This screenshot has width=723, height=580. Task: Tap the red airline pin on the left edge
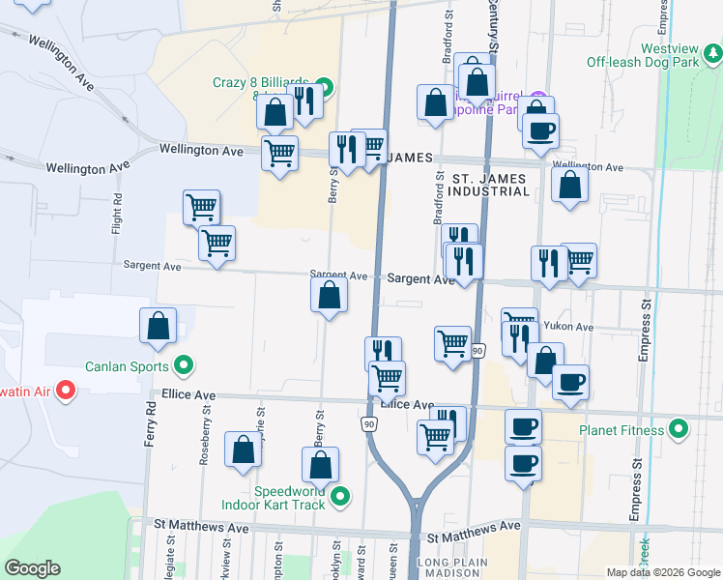[66, 390]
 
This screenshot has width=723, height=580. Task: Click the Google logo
[32, 568]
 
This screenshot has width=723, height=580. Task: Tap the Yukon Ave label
[568, 327]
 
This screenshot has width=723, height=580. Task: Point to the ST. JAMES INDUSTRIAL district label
[490, 183]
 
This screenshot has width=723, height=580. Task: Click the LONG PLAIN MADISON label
[450, 567]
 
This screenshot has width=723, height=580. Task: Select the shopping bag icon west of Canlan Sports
[158, 327]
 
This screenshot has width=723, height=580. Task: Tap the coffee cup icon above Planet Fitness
[569, 381]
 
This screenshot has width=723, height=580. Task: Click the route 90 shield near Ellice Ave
[370, 423]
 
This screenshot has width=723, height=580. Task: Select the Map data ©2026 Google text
[662, 572]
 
